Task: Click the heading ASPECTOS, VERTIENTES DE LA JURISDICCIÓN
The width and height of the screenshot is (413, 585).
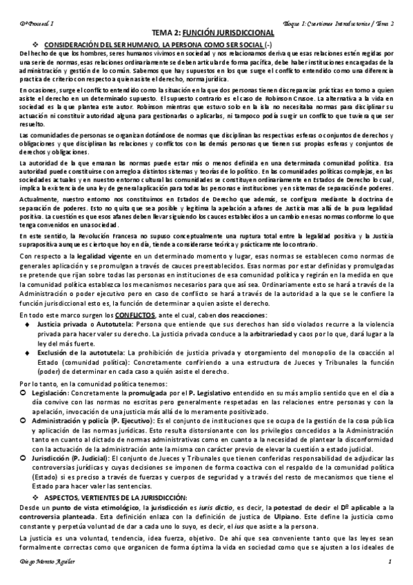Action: click(123, 497)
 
